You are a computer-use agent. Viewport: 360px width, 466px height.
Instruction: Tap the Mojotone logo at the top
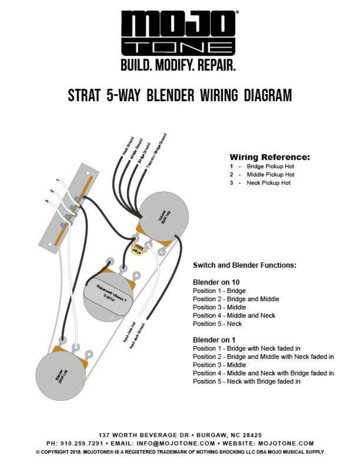[180, 33]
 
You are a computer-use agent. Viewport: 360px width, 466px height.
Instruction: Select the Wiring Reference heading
[270, 157]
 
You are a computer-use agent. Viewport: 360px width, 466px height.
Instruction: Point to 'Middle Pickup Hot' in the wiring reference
[270, 175]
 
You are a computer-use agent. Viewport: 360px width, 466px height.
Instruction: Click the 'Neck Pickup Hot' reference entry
[268, 183]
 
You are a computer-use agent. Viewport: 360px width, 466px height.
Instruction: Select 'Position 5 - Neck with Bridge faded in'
[247, 381]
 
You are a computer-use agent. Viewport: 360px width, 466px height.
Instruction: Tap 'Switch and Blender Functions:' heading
[245, 266]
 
